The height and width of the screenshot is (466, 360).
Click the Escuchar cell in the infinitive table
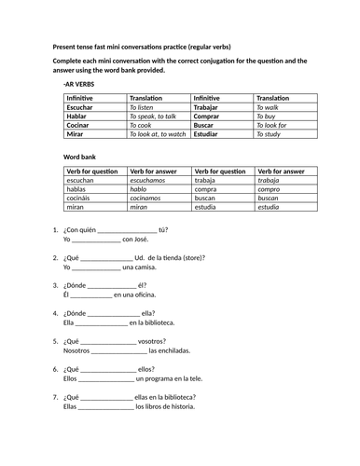coord(80,107)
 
